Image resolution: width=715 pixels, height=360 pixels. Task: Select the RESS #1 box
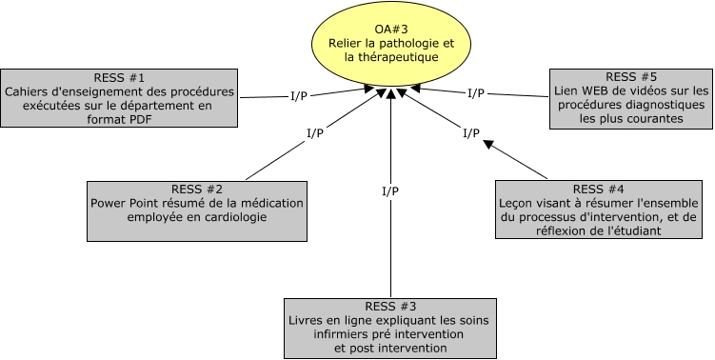pos(118,97)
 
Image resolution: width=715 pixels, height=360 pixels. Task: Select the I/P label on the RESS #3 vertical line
pos(390,191)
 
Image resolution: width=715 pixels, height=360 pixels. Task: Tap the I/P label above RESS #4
pos(470,133)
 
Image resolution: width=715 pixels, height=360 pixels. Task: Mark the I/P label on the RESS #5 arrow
pos(476,93)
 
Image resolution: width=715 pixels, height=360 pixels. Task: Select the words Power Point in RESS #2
pos(121,202)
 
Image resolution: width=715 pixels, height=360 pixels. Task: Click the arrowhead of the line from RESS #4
pos(487,144)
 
